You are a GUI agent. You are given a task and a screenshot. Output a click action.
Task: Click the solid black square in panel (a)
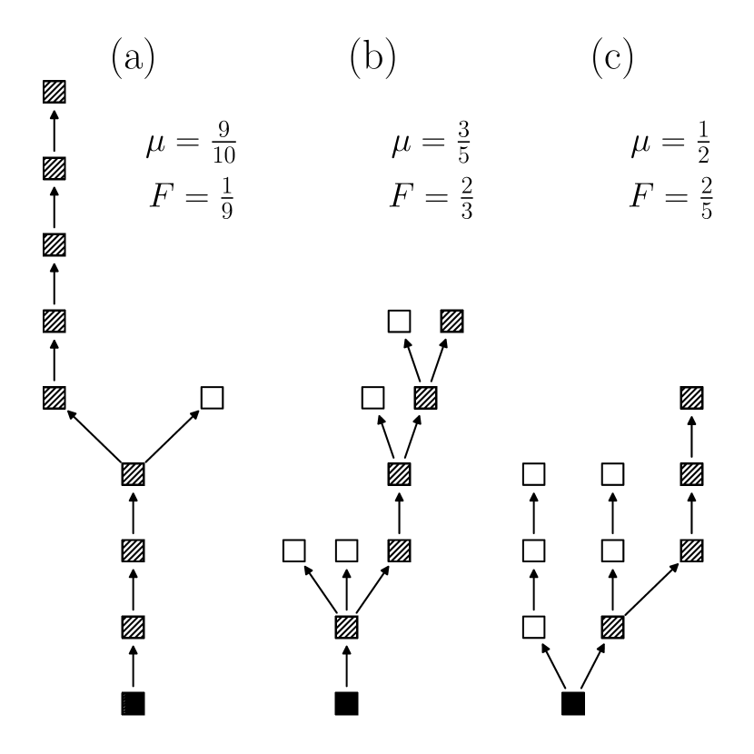[134, 703]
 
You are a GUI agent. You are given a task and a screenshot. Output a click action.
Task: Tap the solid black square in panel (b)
[346, 703]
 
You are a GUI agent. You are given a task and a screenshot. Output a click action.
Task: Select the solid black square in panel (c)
[572, 703]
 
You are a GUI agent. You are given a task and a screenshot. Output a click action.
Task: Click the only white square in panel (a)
[211, 397]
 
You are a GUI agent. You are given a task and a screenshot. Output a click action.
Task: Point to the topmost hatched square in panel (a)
[55, 92]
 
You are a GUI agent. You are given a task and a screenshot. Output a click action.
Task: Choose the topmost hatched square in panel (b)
[452, 321]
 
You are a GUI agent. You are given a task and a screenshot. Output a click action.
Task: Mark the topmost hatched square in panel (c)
[692, 397]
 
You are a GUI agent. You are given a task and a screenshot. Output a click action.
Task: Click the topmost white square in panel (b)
[400, 321]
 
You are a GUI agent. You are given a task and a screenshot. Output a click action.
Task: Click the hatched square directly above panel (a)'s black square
[134, 627]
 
